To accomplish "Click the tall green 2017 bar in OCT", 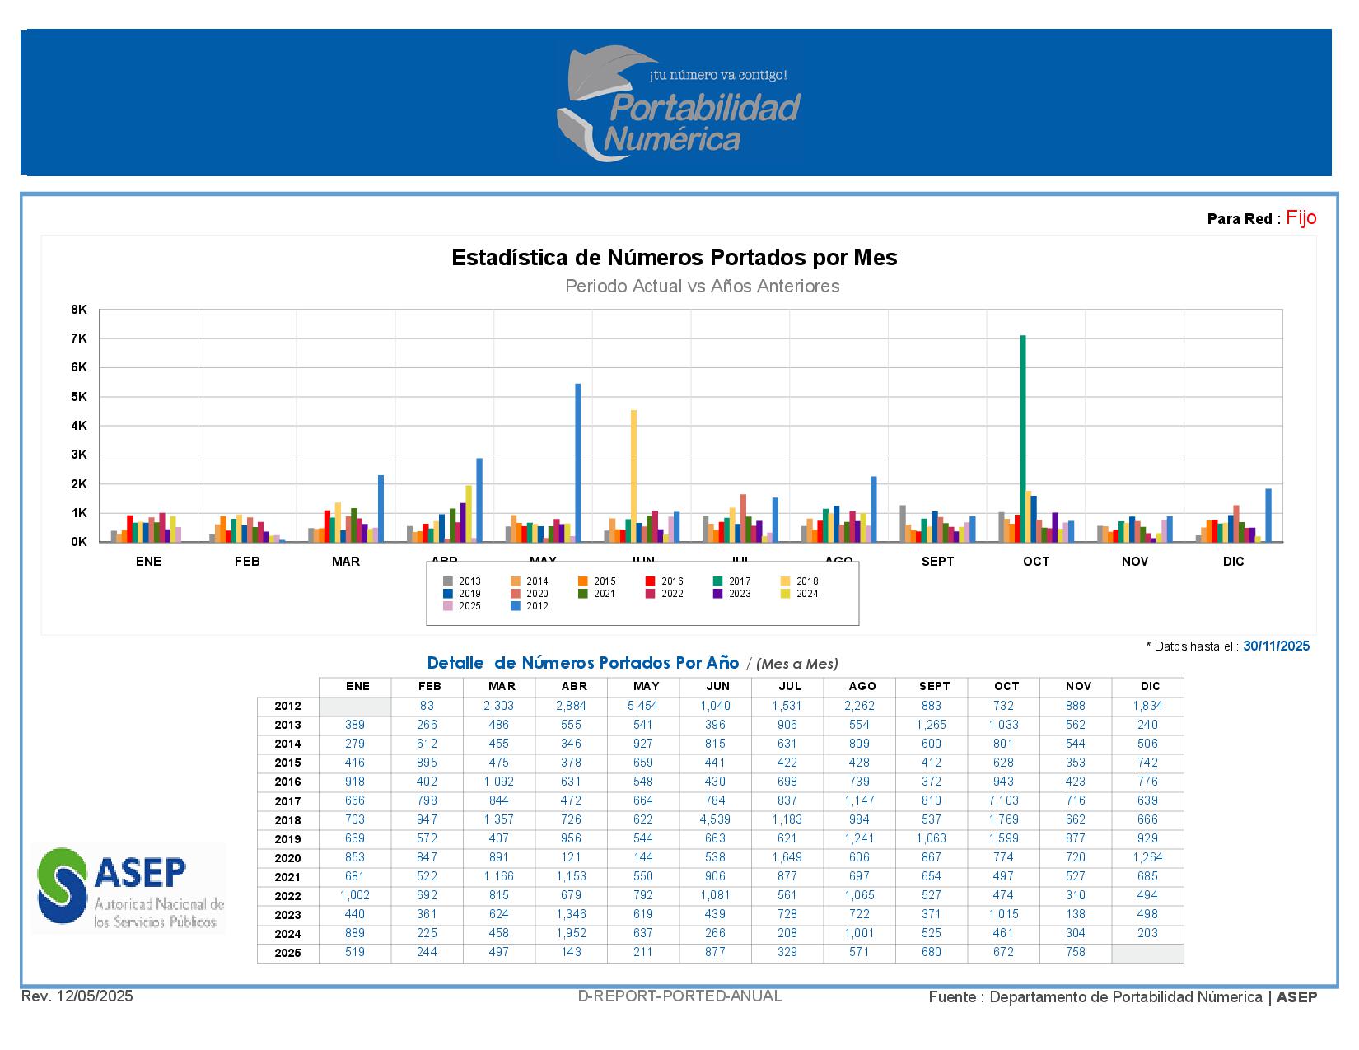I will [x=1022, y=438].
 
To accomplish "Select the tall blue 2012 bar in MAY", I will [x=578, y=462].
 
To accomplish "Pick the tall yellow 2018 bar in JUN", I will [x=633, y=475].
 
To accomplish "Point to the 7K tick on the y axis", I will [x=79, y=338].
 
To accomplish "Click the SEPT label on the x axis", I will [x=937, y=562].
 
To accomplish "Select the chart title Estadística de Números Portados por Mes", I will [x=674, y=258].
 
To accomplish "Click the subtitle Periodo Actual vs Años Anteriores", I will [x=702, y=287].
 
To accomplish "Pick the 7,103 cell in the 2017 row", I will [x=1004, y=800].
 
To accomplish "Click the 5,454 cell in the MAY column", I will [x=642, y=706].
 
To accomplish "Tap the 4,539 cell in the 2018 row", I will [x=715, y=819].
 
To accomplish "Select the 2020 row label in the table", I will [x=287, y=858].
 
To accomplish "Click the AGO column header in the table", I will [x=862, y=686].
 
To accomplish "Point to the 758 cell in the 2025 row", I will [x=1075, y=952].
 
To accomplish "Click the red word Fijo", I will [x=1301, y=217].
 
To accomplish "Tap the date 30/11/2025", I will [x=1276, y=646].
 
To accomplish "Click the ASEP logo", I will [x=128, y=887].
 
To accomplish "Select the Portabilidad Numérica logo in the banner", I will [x=679, y=103].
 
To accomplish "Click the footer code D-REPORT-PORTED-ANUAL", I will [x=679, y=996].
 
